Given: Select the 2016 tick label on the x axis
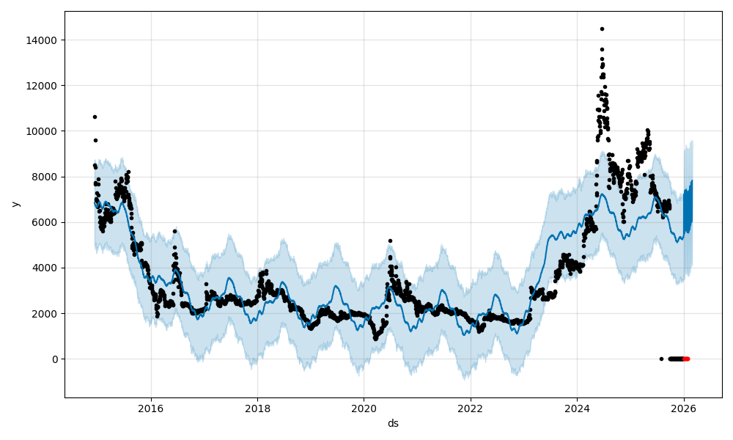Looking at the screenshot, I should [x=151, y=408].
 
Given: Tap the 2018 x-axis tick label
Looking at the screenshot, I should [x=257, y=408].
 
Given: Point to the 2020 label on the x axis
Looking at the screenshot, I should [x=364, y=408].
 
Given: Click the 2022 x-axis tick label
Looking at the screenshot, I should [x=471, y=408].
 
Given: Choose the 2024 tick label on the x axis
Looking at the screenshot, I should [x=577, y=408].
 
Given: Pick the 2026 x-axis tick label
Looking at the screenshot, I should [x=684, y=408].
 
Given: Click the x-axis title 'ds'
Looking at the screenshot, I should [x=393, y=423].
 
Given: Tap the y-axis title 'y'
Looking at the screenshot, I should [x=15, y=205].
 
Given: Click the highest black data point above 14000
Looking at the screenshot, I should [x=602, y=29].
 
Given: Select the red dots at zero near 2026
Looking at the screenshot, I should [x=686, y=359].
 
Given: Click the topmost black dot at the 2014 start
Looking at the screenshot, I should [x=95, y=117].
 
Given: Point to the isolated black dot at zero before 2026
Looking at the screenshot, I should [x=661, y=359].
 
